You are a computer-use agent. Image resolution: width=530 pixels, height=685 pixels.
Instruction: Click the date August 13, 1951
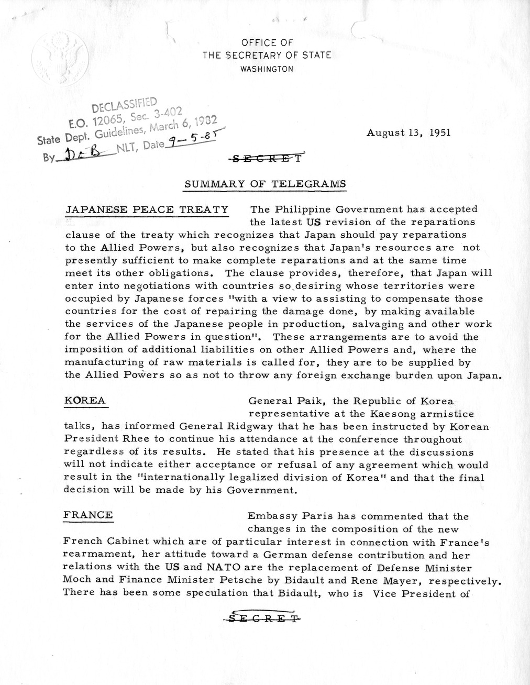(408, 132)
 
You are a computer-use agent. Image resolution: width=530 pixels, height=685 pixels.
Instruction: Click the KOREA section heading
(84, 401)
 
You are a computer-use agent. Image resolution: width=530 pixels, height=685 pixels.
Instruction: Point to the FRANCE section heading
(87, 515)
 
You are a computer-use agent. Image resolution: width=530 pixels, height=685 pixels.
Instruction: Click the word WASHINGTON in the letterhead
(267, 69)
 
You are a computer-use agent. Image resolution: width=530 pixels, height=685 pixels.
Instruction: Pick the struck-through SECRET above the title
(267, 155)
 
